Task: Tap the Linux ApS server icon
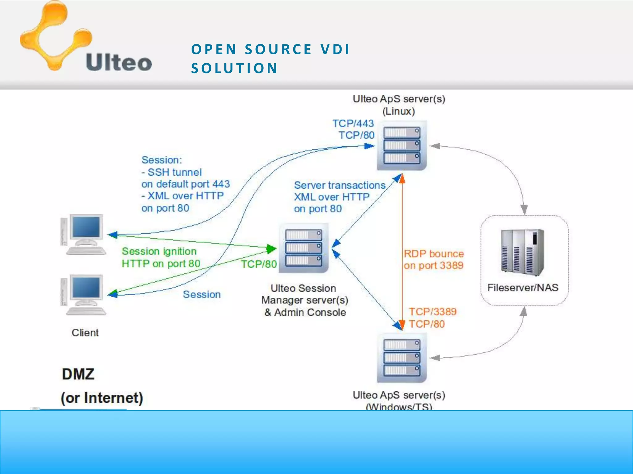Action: [x=401, y=145]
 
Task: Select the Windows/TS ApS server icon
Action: [x=401, y=358]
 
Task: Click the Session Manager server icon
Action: [x=303, y=248]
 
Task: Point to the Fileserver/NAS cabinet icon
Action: [x=522, y=252]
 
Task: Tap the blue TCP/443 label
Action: [x=353, y=123]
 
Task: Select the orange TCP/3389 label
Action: [x=432, y=312]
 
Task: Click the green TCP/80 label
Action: [x=259, y=264]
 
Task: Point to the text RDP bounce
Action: [x=434, y=254]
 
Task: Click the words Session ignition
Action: [x=159, y=251]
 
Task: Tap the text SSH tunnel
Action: [x=174, y=172]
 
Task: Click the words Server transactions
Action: [x=340, y=185]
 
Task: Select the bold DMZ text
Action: [x=78, y=374]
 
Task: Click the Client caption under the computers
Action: [x=85, y=333]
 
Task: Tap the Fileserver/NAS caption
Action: [x=523, y=288]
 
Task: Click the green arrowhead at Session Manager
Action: [x=271, y=248]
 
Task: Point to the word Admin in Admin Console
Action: [x=289, y=312]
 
